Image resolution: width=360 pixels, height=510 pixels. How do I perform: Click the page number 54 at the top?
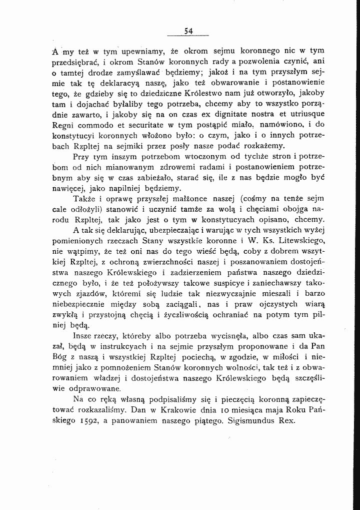click(188, 31)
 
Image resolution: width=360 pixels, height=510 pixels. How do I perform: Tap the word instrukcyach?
click(122, 346)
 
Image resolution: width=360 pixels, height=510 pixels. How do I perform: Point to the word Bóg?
click(60, 356)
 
